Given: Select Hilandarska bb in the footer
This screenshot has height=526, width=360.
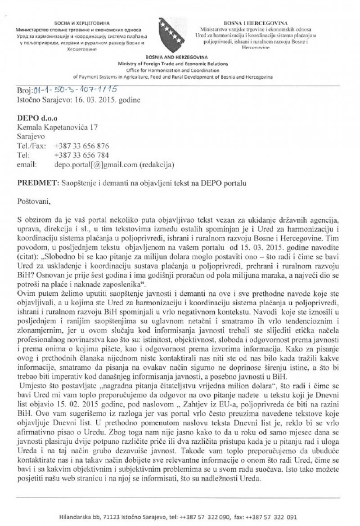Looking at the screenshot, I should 81,517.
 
